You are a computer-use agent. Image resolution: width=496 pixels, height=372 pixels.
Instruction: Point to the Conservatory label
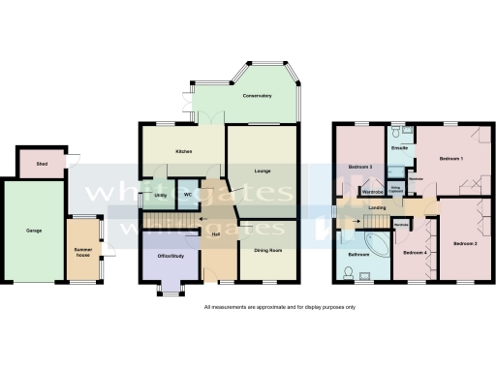[x=257, y=96]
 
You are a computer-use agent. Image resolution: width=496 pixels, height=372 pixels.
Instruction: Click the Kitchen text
[x=182, y=153]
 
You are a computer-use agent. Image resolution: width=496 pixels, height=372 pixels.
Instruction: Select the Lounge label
[x=262, y=171]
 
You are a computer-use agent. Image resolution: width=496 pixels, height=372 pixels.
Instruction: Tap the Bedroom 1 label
[x=450, y=158]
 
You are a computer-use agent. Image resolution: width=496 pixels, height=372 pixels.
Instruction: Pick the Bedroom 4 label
[x=416, y=253]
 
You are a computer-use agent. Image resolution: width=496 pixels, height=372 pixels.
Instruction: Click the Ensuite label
[x=398, y=148]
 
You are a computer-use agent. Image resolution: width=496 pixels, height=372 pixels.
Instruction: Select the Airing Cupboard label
[x=395, y=188]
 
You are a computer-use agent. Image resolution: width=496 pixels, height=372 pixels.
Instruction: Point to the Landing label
[x=379, y=207]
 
